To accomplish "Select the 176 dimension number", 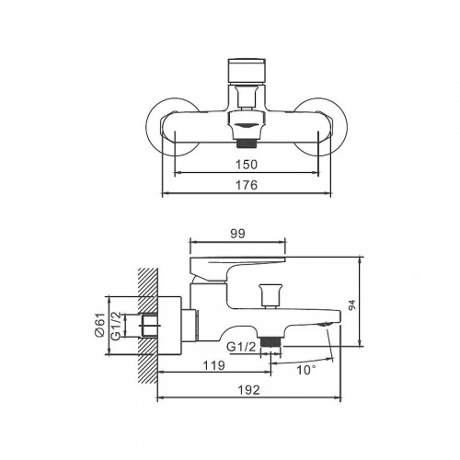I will [x=244, y=185].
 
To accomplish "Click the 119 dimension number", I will [x=214, y=364].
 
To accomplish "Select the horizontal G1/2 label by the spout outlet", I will [x=241, y=347].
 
